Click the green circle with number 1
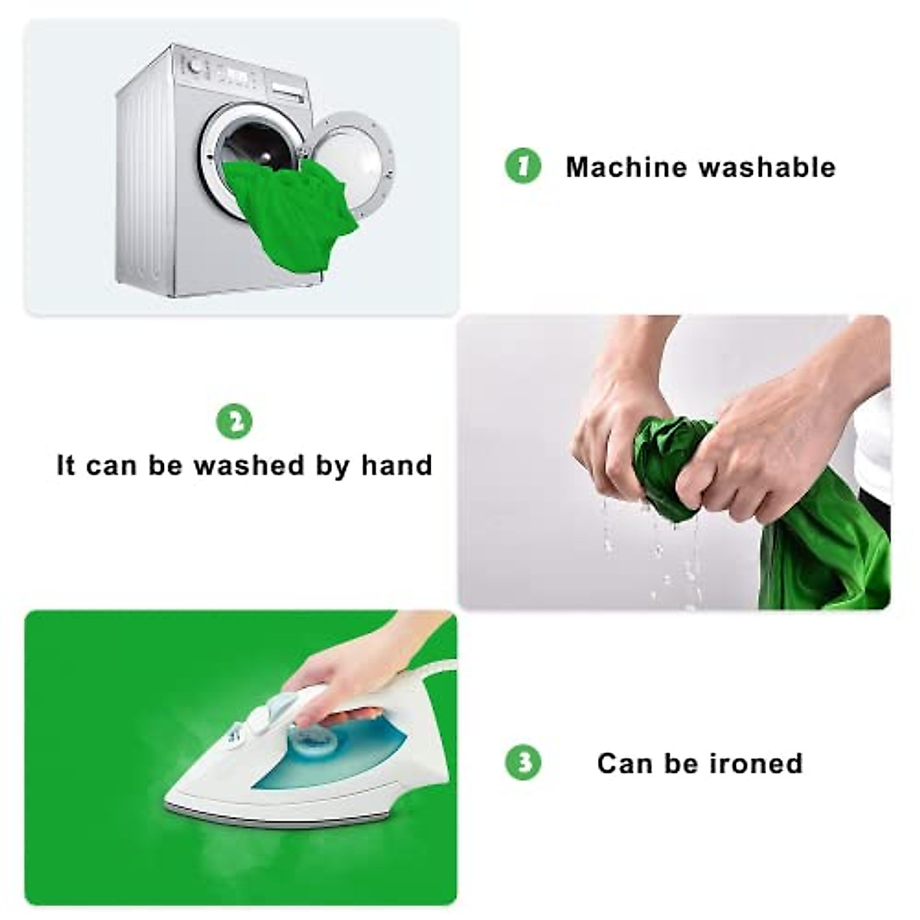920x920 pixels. click(x=524, y=166)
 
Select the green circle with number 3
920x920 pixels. click(x=524, y=763)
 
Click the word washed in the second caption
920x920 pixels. click(x=248, y=465)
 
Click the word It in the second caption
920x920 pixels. click(x=66, y=465)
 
